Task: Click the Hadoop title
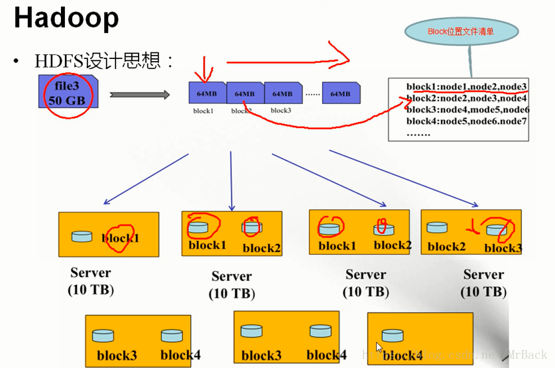coord(66,18)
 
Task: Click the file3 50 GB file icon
coord(68,93)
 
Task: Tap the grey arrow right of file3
coord(139,95)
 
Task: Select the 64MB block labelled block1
coord(206,93)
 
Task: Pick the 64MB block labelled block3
coord(282,93)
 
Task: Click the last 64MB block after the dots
coord(340,93)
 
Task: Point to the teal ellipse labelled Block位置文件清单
coord(462,31)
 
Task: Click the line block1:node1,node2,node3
coord(466,87)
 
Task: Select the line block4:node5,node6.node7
coord(466,121)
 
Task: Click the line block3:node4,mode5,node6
coord(467,110)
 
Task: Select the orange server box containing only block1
coord(109,235)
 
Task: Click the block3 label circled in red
coord(503,248)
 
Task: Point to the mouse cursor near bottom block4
coord(379,347)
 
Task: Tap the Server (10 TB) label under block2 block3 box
coord(483,283)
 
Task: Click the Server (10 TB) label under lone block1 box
coord(91,281)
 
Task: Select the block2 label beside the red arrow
coord(446,247)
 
